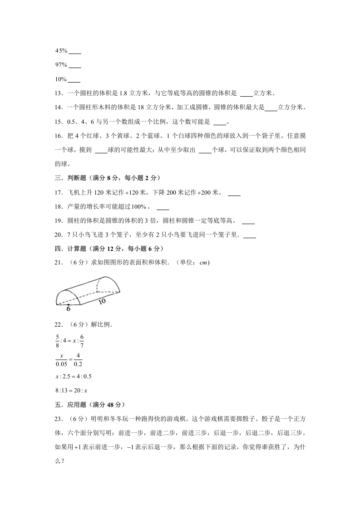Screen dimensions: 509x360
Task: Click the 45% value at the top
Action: (61, 50)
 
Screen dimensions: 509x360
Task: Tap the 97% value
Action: (61, 65)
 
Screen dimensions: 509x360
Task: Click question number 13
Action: (58, 94)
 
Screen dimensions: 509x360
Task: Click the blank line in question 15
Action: (219, 123)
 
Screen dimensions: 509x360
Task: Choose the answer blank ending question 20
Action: (250, 236)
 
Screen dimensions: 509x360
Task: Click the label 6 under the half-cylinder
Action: (68, 309)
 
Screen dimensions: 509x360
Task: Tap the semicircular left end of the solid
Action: (68, 297)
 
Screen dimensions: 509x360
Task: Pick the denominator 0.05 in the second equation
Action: (61, 363)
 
